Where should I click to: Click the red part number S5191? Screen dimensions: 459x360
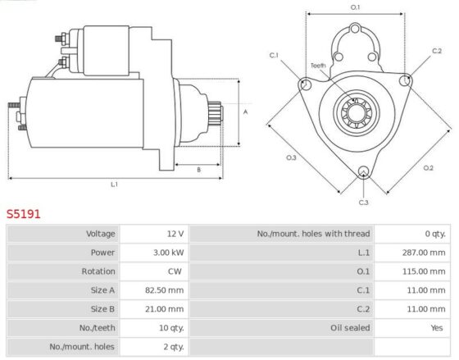(x=24, y=214)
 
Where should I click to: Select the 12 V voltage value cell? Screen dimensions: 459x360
(x=175, y=234)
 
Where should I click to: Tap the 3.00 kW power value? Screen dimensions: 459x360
(x=169, y=253)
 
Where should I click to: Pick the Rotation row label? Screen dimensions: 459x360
(x=98, y=271)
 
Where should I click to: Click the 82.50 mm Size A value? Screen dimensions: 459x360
(x=165, y=290)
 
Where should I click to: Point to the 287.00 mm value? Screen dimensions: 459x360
(x=424, y=253)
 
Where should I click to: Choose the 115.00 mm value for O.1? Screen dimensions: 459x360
(x=424, y=271)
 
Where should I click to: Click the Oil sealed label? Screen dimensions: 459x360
(x=350, y=328)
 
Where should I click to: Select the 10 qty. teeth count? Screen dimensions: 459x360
(x=171, y=328)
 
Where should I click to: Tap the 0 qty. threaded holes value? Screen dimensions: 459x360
(x=435, y=234)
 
